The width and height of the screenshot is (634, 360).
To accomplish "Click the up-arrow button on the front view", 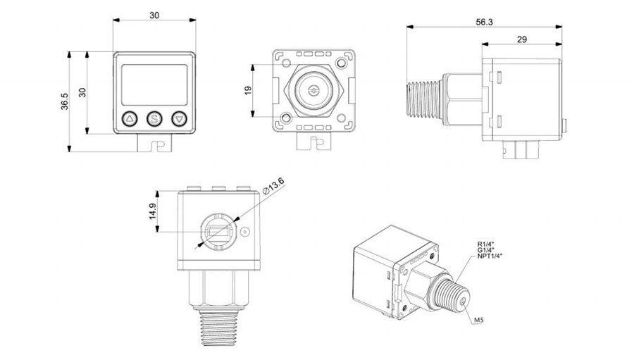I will click(x=130, y=118).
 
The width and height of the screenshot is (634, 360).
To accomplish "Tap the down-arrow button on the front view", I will click(x=180, y=118).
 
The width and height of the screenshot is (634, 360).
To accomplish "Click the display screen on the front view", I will click(x=155, y=83).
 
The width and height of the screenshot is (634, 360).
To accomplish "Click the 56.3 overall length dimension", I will click(x=484, y=22).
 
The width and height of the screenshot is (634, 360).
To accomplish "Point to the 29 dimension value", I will click(x=521, y=39).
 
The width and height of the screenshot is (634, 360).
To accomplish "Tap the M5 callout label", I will click(x=478, y=320).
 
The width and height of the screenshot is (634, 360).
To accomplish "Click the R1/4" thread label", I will click(x=486, y=244).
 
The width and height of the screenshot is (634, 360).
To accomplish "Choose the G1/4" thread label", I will click(x=486, y=250).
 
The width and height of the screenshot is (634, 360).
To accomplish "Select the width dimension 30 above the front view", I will click(x=155, y=15).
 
